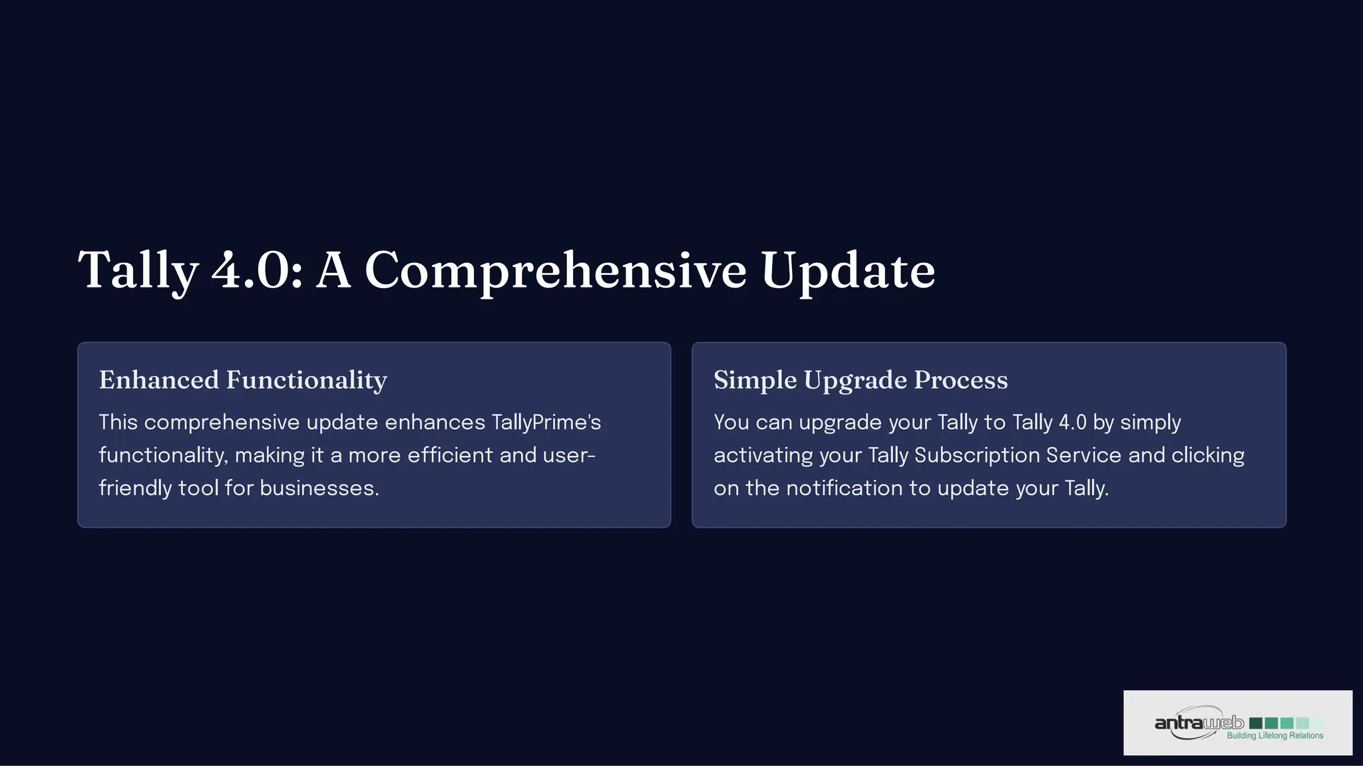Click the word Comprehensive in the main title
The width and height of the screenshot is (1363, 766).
click(555, 271)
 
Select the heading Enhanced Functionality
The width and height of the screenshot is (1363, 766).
click(243, 380)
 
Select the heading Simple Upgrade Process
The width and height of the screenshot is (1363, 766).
click(861, 380)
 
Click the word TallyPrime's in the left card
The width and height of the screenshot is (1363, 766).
click(546, 423)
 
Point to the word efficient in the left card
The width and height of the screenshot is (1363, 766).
click(451, 455)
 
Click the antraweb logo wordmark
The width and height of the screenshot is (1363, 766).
click(1199, 723)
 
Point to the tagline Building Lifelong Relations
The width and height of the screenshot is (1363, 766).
click(1274, 736)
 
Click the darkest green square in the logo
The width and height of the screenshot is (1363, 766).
click(1256, 723)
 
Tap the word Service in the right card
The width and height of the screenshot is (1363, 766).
click(1083, 455)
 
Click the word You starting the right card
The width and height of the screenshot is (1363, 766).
click(731, 423)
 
